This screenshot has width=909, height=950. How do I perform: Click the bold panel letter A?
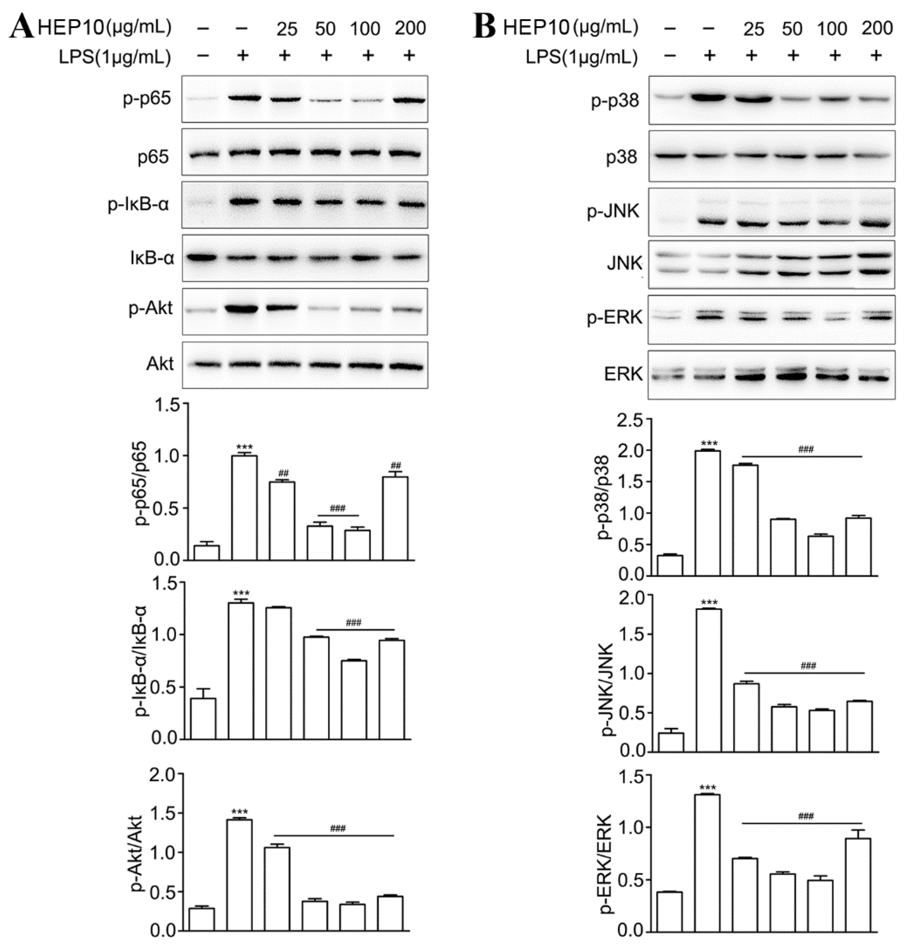[x=22, y=27]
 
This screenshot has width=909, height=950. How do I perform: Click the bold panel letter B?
[x=485, y=27]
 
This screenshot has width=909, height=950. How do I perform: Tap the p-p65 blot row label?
[x=147, y=99]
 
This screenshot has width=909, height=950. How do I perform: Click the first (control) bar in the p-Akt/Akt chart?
[x=201, y=919]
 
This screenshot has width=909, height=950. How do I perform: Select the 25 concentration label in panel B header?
[x=753, y=29]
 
